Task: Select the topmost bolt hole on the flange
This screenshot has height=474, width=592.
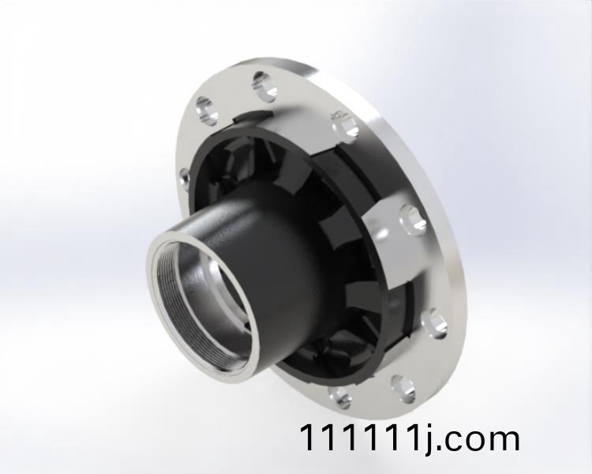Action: pyautogui.click(x=265, y=85)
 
